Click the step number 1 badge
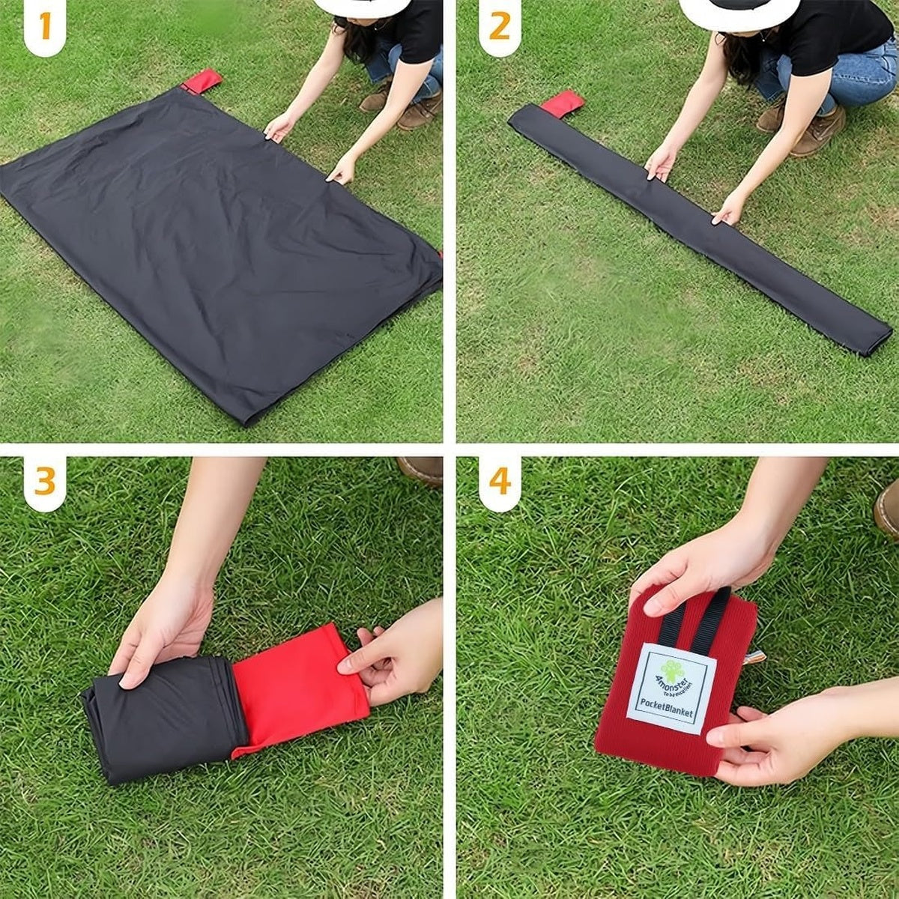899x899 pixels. (45, 27)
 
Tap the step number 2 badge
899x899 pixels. (500, 27)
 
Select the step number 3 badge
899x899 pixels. (45, 482)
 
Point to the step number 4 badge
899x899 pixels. (500, 482)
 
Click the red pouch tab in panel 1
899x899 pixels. (201, 81)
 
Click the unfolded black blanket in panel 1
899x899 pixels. (217, 247)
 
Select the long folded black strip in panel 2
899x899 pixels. (697, 232)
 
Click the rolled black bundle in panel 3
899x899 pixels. (165, 719)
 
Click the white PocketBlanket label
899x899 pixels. (671, 687)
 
